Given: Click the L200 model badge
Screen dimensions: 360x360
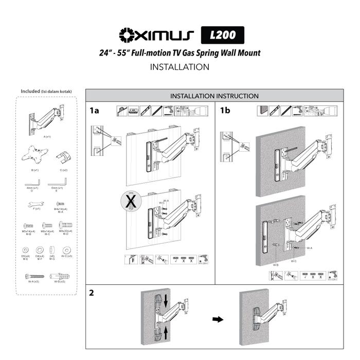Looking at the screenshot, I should [x=222, y=35].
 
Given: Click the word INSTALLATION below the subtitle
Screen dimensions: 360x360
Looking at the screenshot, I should [x=179, y=67].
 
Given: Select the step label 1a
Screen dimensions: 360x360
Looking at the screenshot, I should [x=94, y=110].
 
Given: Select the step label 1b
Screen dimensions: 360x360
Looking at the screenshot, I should [x=225, y=110].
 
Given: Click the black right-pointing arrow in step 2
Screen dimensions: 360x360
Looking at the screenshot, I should [x=218, y=319].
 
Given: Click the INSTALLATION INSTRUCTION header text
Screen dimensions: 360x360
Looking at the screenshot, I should [x=214, y=96].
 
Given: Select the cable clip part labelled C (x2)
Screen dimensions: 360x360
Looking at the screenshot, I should [x=62, y=155].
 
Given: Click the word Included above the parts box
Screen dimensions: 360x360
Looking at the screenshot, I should [x=30, y=92].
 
